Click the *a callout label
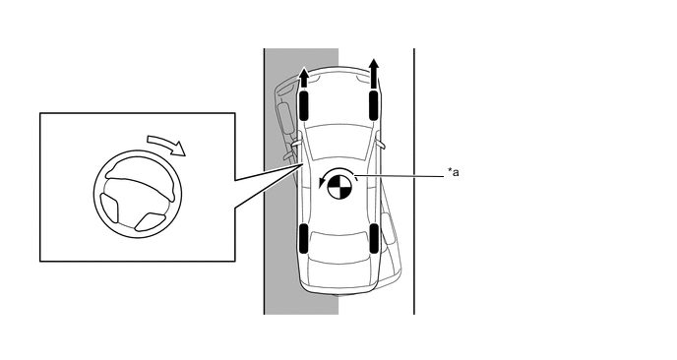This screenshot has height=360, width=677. pyautogui.click(x=453, y=173)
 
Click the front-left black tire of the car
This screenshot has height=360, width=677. pyautogui.click(x=304, y=105)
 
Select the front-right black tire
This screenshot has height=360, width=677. pyautogui.click(x=374, y=105)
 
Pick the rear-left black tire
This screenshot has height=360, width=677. pyautogui.click(x=303, y=238)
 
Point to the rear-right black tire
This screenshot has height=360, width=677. pyautogui.click(x=374, y=238)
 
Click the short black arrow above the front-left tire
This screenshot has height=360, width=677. pyautogui.click(x=304, y=78)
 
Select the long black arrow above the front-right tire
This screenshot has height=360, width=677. pyautogui.click(x=374, y=74)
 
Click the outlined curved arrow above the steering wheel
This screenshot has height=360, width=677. pyautogui.click(x=167, y=144)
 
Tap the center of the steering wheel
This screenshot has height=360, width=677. pyautogui.click(x=138, y=194)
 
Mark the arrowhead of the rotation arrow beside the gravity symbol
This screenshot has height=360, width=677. pyautogui.click(x=321, y=184)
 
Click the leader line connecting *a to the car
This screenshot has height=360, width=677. pyautogui.click(x=400, y=176)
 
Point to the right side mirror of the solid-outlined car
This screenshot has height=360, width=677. pyautogui.click(x=380, y=144)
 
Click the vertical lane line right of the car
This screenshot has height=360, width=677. pyautogui.click(x=414, y=181)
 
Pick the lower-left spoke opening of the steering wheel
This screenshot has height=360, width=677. pyautogui.click(x=109, y=208)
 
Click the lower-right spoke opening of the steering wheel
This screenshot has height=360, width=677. pyautogui.click(x=151, y=221)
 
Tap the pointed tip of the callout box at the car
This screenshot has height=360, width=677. pyautogui.click(x=302, y=164)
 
